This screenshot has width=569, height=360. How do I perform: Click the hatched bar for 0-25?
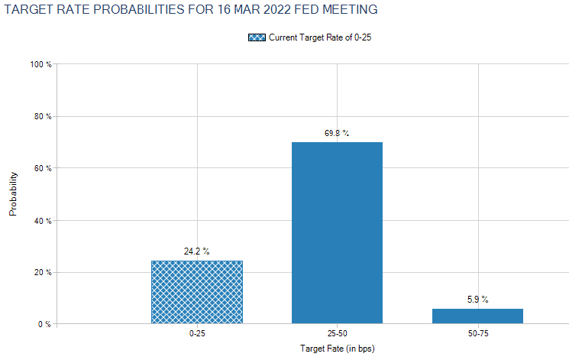click(x=196, y=292)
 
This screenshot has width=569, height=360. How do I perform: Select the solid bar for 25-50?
click(x=337, y=232)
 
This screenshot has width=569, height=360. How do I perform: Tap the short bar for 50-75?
click(x=477, y=316)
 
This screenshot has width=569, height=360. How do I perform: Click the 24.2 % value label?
click(x=196, y=251)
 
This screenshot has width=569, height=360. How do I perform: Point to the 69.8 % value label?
click(x=337, y=133)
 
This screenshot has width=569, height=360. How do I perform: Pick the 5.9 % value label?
click(x=477, y=299)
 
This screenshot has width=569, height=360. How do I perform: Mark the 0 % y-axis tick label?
click(x=44, y=325)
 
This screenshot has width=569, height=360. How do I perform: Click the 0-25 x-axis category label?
click(x=196, y=335)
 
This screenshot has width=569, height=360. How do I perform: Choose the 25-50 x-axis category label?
click(x=337, y=335)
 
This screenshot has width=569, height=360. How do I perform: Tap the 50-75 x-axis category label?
click(x=477, y=335)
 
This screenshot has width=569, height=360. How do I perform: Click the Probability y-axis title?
click(x=13, y=194)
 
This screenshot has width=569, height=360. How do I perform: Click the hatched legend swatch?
click(x=256, y=37)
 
